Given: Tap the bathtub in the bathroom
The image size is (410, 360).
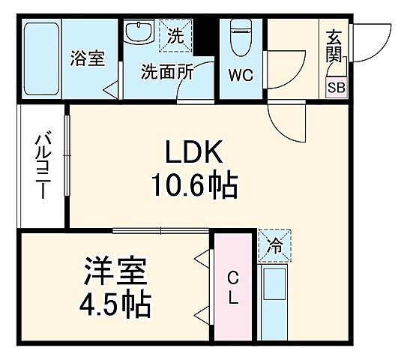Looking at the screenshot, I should [40, 59].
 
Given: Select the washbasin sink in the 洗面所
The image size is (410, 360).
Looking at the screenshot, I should [138, 34].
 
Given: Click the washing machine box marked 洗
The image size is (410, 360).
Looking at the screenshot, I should [175, 34].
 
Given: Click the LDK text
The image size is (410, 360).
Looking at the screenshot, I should [193, 153].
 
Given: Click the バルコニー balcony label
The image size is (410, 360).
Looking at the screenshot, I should [43, 166].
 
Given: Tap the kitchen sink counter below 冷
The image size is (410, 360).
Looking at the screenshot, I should [274, 299].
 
